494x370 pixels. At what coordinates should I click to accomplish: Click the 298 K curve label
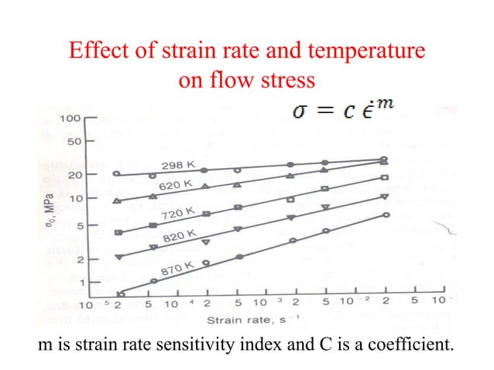(x=178, y=165)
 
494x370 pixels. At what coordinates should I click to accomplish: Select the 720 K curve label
(x=178, y=213)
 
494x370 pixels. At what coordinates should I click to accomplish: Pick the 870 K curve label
(x=177, y=268)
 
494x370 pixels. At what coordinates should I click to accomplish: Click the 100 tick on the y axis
(x=71, y=118)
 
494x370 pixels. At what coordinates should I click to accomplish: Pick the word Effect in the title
(x=95, y=53)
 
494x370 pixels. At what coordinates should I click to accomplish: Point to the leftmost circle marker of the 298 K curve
(x=116, y=174)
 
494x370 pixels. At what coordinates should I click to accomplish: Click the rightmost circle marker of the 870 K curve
(x=385, y=215)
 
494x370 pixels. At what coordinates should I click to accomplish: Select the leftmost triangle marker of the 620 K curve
(x=117, y=201)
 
